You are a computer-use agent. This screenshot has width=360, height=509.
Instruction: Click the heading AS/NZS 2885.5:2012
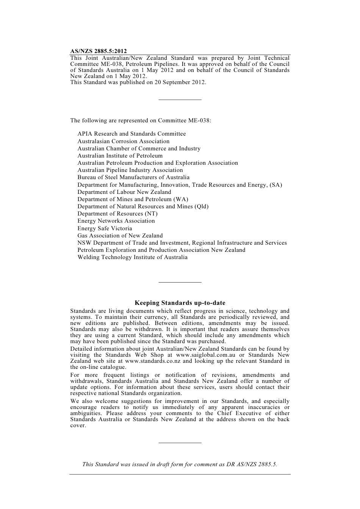point(99,51)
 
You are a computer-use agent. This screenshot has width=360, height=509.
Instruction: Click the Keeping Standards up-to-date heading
point(180,303)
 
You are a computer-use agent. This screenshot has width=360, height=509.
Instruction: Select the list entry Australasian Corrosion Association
point(124,141)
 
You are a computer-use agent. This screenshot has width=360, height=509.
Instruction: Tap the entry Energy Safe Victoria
point(105,228)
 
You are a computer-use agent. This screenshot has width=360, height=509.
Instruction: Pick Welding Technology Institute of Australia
point(133,257)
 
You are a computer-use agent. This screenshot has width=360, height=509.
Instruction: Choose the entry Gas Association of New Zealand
point(120,236)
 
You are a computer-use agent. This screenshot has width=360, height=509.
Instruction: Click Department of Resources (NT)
point(117,214)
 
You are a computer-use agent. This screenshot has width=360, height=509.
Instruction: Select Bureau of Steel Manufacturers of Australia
point(133,177)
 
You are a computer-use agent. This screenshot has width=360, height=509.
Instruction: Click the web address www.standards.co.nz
point(152,361)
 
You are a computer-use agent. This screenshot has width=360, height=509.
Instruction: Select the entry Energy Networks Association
point(116,221)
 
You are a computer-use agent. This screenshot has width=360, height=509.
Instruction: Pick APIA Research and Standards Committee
point(131,134)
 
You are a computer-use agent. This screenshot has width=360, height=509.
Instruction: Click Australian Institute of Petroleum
point(120,156)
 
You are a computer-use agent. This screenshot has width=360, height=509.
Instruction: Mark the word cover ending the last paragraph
point(78,426)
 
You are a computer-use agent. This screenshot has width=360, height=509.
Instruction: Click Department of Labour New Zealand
point(124,192)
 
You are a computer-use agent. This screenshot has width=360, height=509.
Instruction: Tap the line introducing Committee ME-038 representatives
point(141,120)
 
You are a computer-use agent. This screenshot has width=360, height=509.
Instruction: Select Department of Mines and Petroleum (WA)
point(133,199)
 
